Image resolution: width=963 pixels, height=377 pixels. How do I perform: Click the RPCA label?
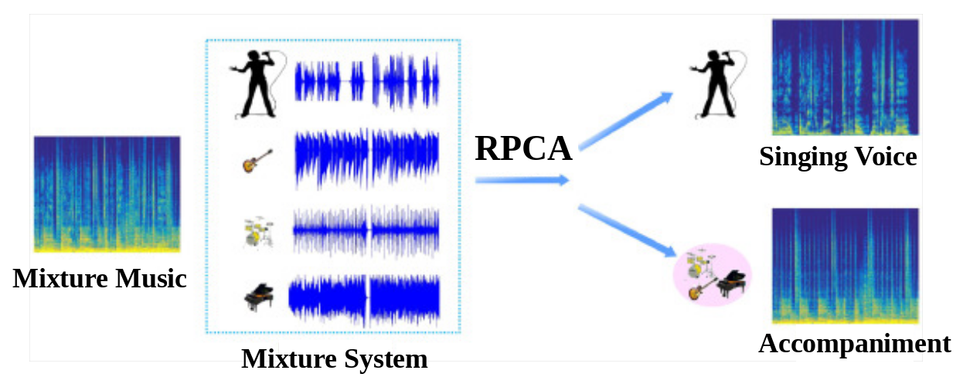tap(523, 148)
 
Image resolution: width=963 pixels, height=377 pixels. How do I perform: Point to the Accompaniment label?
tap(854, 344)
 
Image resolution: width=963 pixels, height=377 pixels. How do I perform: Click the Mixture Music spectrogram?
tap(107, 194)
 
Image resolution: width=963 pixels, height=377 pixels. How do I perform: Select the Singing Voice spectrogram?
tap(845, 77)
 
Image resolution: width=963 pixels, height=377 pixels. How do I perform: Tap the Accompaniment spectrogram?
tap(845, 265)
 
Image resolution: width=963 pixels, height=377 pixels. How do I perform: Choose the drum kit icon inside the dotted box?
tap(258, 233)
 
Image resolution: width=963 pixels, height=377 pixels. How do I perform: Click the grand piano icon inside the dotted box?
tap(258, 297)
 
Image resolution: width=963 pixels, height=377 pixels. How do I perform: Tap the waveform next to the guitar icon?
tap(366, 159)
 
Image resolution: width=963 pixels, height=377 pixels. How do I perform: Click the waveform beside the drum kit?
tap(366, 231)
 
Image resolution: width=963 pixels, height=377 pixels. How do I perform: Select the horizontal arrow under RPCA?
tap(522, 181)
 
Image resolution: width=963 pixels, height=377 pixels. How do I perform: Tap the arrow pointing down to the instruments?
tap(626, 230)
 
